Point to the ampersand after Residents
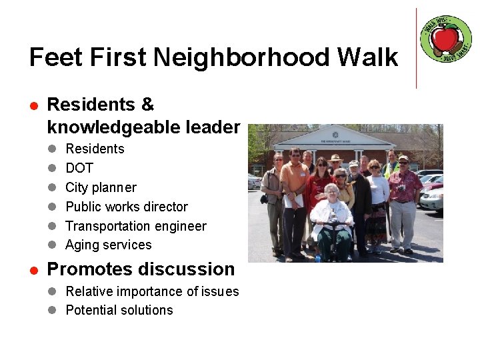[x=147, y=105]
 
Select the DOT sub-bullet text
[x=79, y=168]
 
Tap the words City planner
[x=101, y=187]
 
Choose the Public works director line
[x=127, y=207]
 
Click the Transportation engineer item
[x=136, y=226]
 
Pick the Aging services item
[x=109, y=245]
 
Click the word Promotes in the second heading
[x=90, y=269]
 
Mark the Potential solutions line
[x=119, y=310]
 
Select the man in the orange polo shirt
[x=293, y=193]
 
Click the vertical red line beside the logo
[x=416, y=48]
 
